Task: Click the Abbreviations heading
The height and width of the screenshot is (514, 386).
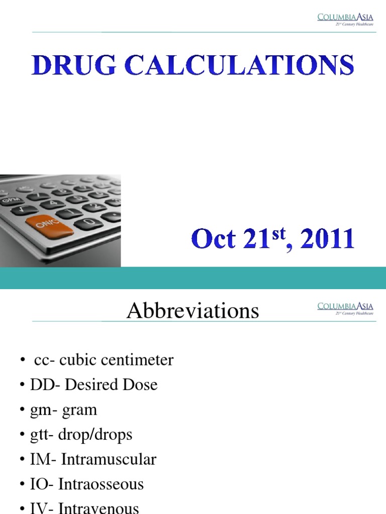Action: pyautogui.click(x=192, y=311)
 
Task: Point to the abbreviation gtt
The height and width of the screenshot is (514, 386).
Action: pyautogui.click(x=39, y=435)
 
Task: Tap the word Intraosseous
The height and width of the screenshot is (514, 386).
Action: pyautogui.click(x=101, y=484)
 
